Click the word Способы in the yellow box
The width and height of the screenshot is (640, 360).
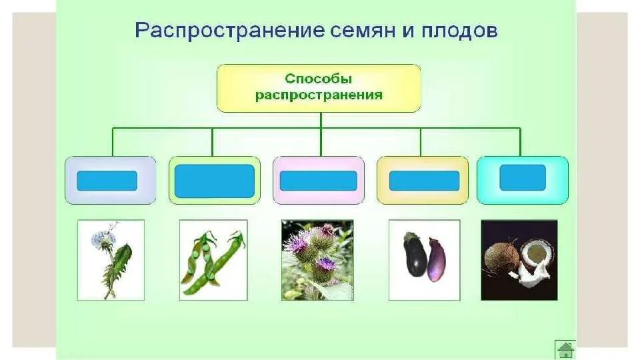coord(319,79)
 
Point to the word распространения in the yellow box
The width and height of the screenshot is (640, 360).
coord(319,95)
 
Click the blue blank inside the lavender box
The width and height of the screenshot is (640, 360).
coord(107,181)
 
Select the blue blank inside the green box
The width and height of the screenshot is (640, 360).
coord(214,181)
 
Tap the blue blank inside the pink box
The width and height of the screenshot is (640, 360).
coord(318,181)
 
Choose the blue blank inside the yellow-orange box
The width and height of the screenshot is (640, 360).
coord(424,181)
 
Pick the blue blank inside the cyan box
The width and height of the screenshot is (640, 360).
coord(523,178)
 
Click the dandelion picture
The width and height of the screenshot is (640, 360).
coord(111,260)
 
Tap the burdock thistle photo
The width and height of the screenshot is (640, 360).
coord(317,260)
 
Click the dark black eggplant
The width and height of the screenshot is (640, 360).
coord(415,255)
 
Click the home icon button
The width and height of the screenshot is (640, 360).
coord(565,349)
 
